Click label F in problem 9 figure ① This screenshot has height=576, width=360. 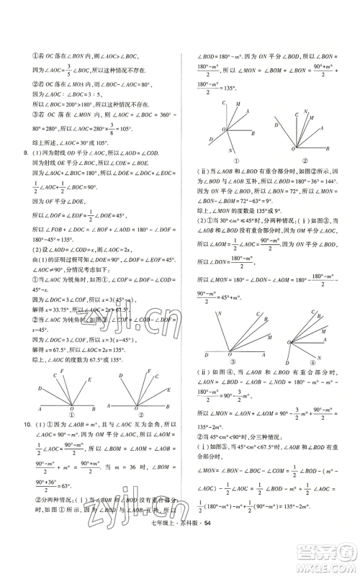coord(63,372)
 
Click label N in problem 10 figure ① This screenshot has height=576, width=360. coord(229,150)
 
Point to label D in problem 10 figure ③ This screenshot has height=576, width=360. coord(206,356)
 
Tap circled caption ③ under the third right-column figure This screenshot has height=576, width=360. coord(230,362)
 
